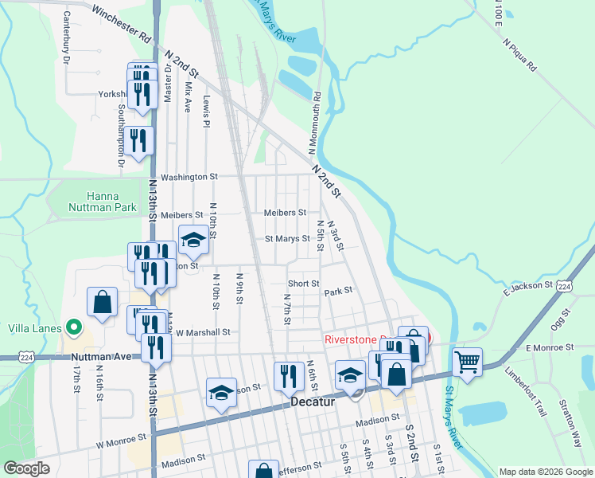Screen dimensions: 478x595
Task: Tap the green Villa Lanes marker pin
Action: click(74, 327)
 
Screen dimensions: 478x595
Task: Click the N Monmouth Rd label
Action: click(313, 123)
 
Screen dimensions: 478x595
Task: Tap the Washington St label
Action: click(189, 177)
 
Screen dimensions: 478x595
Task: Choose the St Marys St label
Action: click(286, 238)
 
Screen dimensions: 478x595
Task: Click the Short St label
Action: click(303, 283)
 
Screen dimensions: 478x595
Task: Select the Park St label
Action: click(337, 292)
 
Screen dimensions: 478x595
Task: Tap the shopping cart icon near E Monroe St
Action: click(468, 362)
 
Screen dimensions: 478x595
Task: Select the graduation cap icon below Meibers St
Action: click(193, 239)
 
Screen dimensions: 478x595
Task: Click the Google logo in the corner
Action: click(27, 468)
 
